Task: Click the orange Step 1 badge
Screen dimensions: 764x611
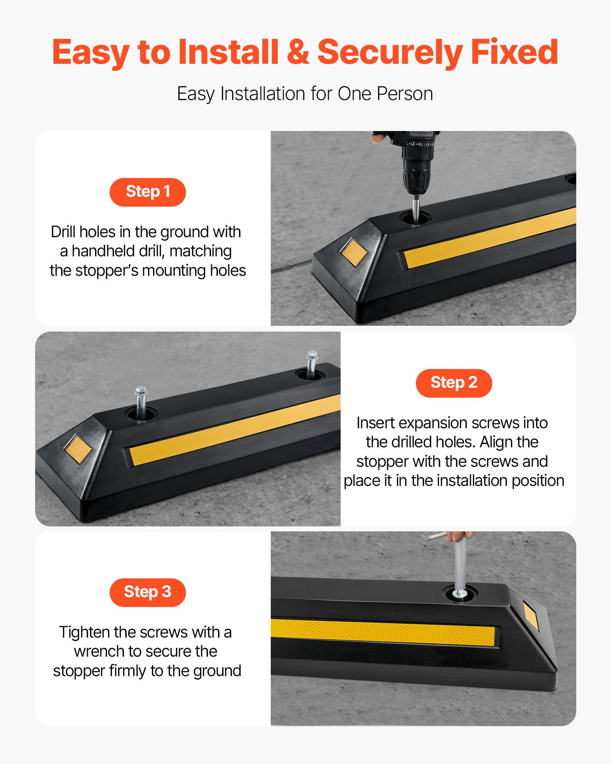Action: click(x=147, y=192)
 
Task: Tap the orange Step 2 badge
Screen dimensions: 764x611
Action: click(x=454, y=383)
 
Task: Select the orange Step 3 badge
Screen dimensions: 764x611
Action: click(x=147, y=592)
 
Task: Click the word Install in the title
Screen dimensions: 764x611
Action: click(x=228, y=52)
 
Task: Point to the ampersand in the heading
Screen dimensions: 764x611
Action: click(x=298, y=52)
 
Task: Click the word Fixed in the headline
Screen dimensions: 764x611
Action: click(x=514, y=52)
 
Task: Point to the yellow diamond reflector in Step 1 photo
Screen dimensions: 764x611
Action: click(x=354, y=252)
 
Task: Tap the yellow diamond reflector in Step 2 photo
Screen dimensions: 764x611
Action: click(x=78, y=449)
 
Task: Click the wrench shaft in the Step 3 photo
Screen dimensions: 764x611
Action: click(x=459, y=565)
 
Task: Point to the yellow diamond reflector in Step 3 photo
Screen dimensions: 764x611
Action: click(x=531, y=616)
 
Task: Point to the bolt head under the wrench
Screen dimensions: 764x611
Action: click(x=459, y=594)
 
